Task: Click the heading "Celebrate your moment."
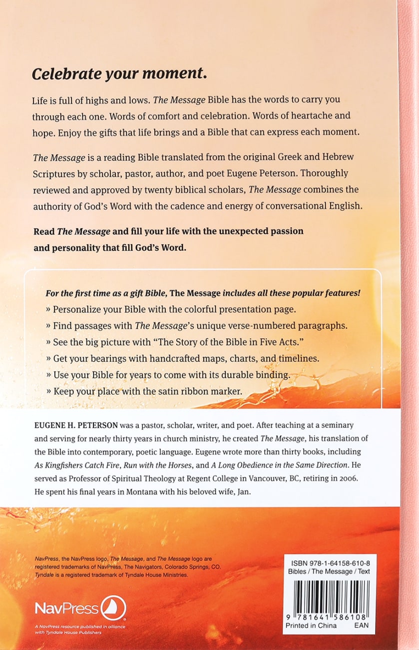tap(119, 73)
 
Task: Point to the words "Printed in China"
tap(311, 625)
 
